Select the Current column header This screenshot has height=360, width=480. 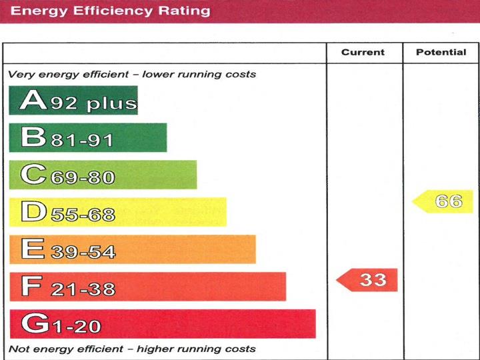[363, 52]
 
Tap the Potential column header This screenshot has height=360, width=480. [441, 52]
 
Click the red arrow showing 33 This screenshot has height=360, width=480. [368, 279]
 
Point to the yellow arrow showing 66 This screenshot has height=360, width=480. [444, 201]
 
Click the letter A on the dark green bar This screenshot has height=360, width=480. [32, 101]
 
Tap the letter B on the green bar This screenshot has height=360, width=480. [32, 138]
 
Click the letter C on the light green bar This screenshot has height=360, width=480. [32, 175]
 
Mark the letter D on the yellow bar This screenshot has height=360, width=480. [32, 212]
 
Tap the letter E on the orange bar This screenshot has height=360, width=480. [32, 249]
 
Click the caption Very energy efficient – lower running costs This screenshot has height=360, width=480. [132, 74]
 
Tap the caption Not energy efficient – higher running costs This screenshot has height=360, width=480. [132, 349]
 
